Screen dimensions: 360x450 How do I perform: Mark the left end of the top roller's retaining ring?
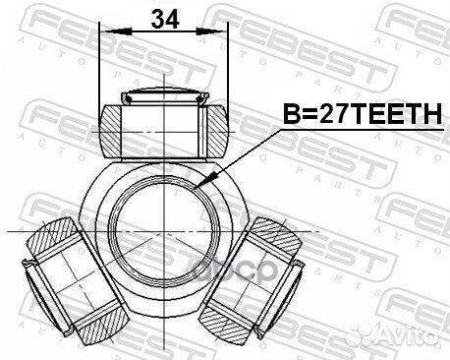(125, 98)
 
